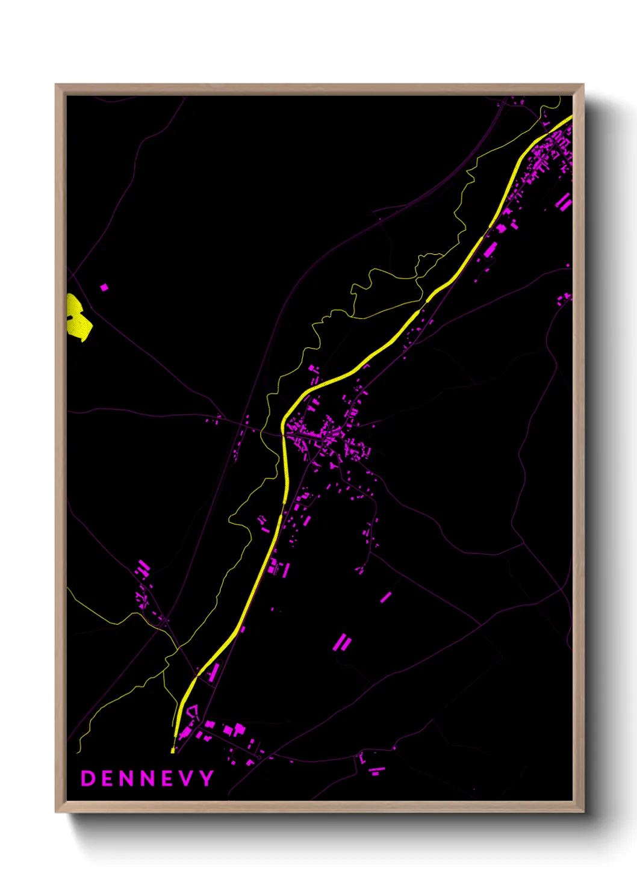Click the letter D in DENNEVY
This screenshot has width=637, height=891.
[x=88, y=778]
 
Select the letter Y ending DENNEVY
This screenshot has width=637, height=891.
[x=207, y=778]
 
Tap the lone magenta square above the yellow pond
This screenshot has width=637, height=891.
[x=104, y=287]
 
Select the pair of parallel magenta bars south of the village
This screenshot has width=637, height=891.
[x=342, y=642]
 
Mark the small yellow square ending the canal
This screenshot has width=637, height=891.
[x=173, y=751]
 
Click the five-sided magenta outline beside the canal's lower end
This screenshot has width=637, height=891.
[x=192, y=713]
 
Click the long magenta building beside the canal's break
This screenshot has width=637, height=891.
[x=490, y=249]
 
